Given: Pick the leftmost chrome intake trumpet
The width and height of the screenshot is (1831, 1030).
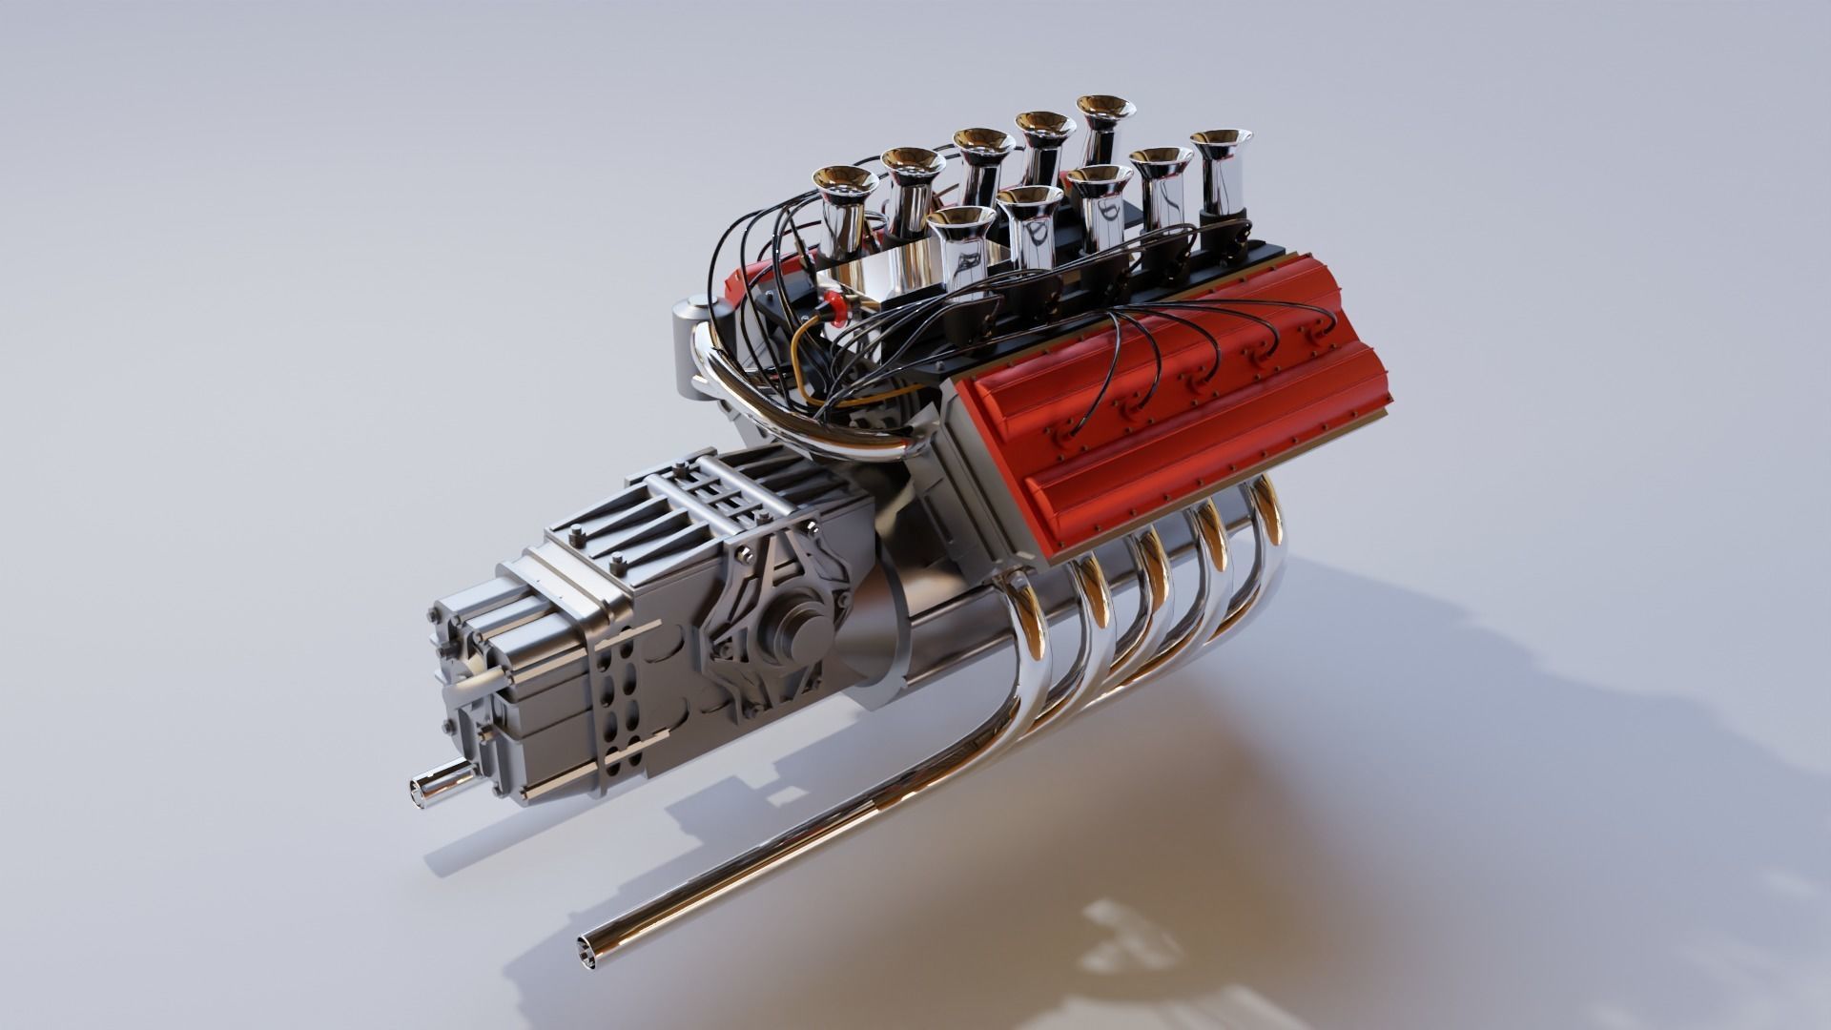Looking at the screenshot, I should coord(843,205).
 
